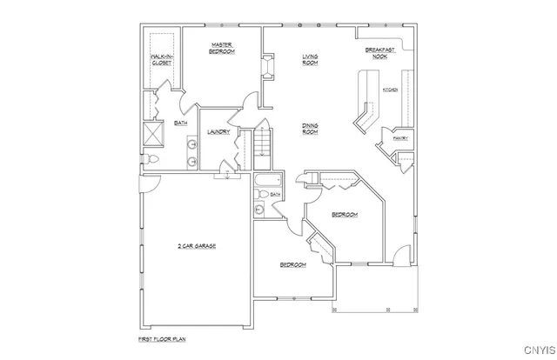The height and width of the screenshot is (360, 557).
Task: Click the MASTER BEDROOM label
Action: click(222, 48)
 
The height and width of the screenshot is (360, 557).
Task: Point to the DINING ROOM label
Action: click(310, 129)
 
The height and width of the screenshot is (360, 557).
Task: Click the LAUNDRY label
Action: click(218, 131)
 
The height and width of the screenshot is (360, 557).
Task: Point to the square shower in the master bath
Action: click(153, 135)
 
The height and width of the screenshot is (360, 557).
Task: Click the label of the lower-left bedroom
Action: click(292, 264)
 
